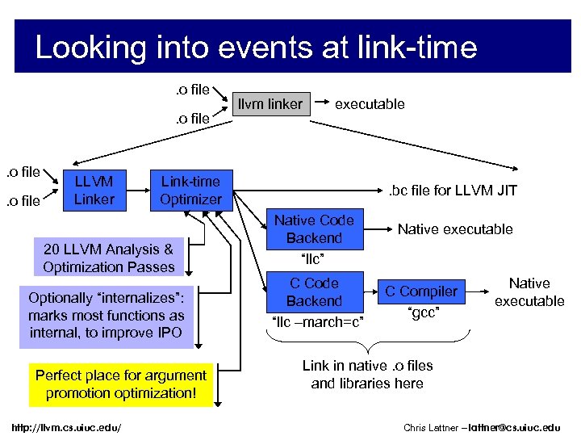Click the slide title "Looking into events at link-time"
[256, 48]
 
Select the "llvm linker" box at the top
[270, 103]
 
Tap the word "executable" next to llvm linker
[370, 103]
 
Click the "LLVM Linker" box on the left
[94, 190]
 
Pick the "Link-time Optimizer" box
[190, 190]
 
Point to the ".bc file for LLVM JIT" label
[453, 191]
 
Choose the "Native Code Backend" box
[314, 229]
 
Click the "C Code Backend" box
[314, 292]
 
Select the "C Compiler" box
[420, 291]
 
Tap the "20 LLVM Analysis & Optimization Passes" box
[109, 258]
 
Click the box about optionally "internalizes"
[107, 315]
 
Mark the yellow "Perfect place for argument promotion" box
[121, 384]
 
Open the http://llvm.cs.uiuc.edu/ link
[67, 426]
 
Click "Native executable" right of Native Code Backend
[455, 229]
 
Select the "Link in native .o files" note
[367, 375]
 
